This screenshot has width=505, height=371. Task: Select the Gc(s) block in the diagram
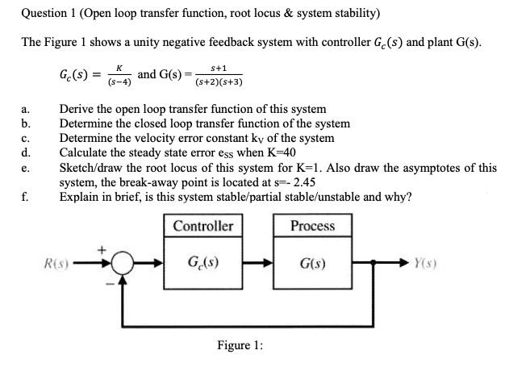[203, 263]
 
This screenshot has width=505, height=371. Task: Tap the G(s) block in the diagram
[311, 263]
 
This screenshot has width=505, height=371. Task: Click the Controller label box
[203, 226]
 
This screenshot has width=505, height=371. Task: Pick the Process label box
[311, 226]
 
